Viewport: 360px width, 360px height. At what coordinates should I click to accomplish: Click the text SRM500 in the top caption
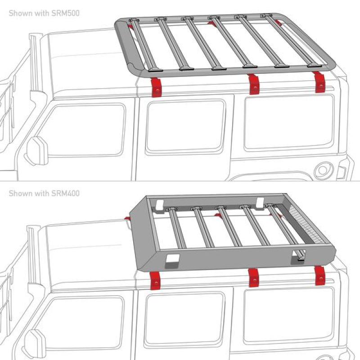pyautogui.click(x=66, y=13)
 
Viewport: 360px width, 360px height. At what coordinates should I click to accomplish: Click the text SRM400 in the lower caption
pyautogui.click(x=66, y=193)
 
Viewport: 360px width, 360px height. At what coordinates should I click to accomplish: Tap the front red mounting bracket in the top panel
pyautogui.click(x=156, y=86)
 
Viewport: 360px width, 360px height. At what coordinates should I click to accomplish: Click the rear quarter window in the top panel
pyautogui.click(x=288, y=121)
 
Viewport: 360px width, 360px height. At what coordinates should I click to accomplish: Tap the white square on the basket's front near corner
pyautogui.click(x=172, y=259)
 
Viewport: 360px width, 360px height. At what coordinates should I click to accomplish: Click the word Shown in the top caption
pyautogui.click(x=20, y=13)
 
